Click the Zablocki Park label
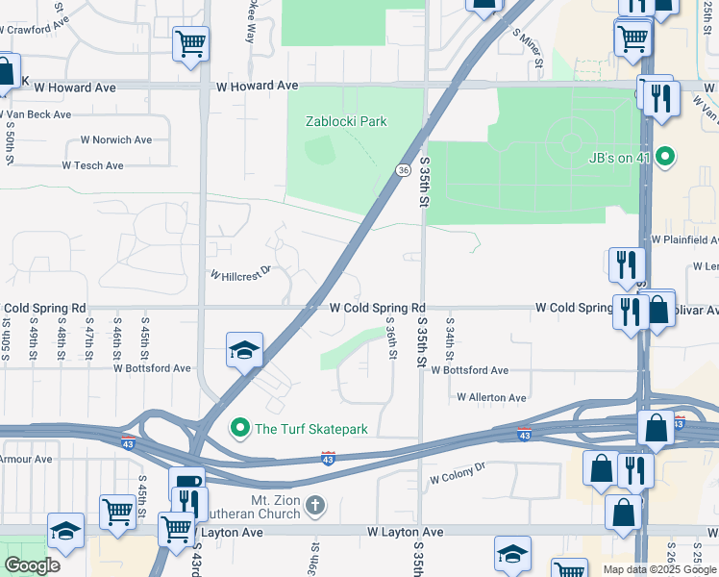(x=346, y=121)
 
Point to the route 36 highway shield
(x=401, y=169)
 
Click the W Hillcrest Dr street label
(x=241, y=273)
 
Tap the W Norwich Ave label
(x=116, y=139)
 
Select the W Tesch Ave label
(x=93, y=165)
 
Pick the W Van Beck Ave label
(x=36, y=114)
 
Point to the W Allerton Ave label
(x=491, y=397)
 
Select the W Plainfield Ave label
(x=684, y=238)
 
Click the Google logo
(x=32, y=565)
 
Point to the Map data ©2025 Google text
(x=658, y=569)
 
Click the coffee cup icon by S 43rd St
(x=186, y=483)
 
